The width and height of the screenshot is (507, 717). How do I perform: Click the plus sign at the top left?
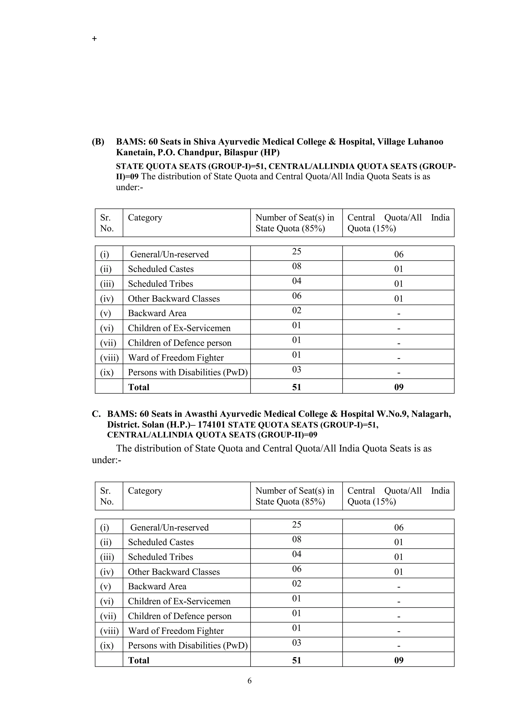click(x=94, y=39)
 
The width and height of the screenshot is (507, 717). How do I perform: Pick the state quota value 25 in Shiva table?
click(x=297, y=251)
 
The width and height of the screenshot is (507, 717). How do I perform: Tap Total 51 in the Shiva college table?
click(x=297, y=387)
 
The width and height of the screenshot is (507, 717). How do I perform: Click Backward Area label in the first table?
click(x=157, y=313)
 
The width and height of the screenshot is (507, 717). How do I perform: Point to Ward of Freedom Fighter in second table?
click(x=176, y=631)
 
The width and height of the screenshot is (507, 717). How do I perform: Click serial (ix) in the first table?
click(x=107, y=372)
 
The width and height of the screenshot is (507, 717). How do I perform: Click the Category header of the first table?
click(x=145, y=217)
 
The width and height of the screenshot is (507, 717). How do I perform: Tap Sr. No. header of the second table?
click(x=106, y=496)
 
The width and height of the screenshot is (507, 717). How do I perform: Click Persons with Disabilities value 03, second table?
click(x=297, y=643)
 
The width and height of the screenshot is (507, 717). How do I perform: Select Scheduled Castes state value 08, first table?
click(x=297, y=266)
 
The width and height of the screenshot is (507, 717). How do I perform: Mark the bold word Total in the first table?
click(x=139, y=387)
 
